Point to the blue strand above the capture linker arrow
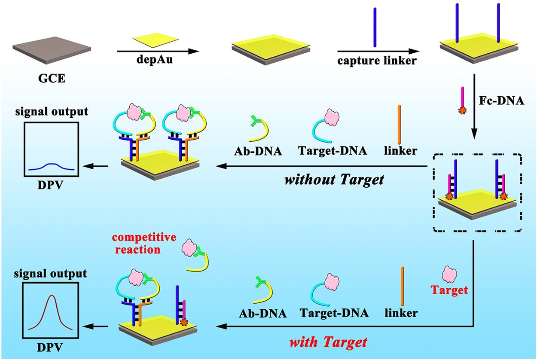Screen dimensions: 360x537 [x=374, y=32]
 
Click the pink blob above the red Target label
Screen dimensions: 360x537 [x=450, y=274]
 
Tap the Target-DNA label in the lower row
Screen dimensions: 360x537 [x=334, y=313]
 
